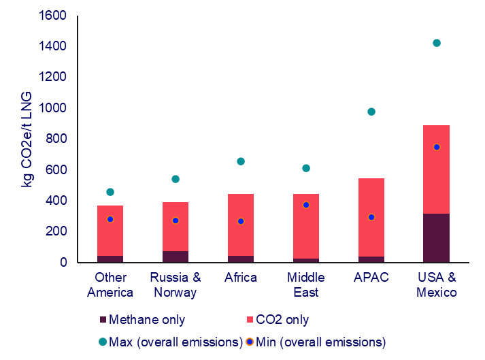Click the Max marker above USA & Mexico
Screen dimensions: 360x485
point(437,44)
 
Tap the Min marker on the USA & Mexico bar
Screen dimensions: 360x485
point(437,147)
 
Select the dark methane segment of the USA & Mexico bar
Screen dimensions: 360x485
point(437,238)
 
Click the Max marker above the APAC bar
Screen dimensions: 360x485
point(371,112)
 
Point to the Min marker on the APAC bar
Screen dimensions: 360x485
point(371,217)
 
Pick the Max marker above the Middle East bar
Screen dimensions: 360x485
point(306,168)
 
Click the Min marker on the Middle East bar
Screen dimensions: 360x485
point(306,205)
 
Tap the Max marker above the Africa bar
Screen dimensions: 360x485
point(241,161)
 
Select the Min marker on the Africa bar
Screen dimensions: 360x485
point(241,221)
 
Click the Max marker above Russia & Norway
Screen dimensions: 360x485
point(175,179)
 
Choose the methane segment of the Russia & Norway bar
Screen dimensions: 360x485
point(175,257)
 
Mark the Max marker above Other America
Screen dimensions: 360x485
point(110,192)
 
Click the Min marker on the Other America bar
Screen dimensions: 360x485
point(110,219)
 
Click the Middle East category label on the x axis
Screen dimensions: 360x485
point(306,285)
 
